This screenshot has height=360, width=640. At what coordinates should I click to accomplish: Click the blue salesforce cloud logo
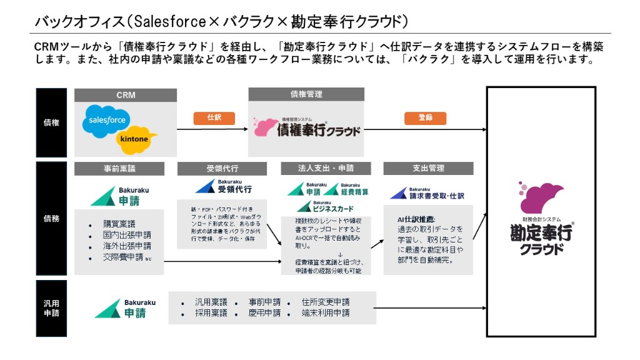pyautogui.click(x=107, y=121)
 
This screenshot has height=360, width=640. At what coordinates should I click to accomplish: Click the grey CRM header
pyautogui.click(x=126, y=95)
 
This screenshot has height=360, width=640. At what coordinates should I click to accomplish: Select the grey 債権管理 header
pyautogui.click(x=306, y=94)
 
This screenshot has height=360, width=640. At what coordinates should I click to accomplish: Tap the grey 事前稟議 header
pyautogui.click(x=119, y=169)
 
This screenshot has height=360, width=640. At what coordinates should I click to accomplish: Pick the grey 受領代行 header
pyautogui.click(x=222, y=169)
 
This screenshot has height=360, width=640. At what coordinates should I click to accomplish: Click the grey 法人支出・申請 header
pyautogui.click(x=325, y=169)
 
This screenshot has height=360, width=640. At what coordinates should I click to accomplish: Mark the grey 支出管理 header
pyautogui.click(x=428, y=169)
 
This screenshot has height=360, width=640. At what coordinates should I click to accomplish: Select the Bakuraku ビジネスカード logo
pyautogui.click(x=324, y=207)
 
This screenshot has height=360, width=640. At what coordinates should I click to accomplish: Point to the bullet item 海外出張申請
pyautogui.click(x=127, y=246)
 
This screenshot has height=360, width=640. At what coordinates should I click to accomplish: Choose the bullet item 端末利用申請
pyautogui.click(x=325, y=312)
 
